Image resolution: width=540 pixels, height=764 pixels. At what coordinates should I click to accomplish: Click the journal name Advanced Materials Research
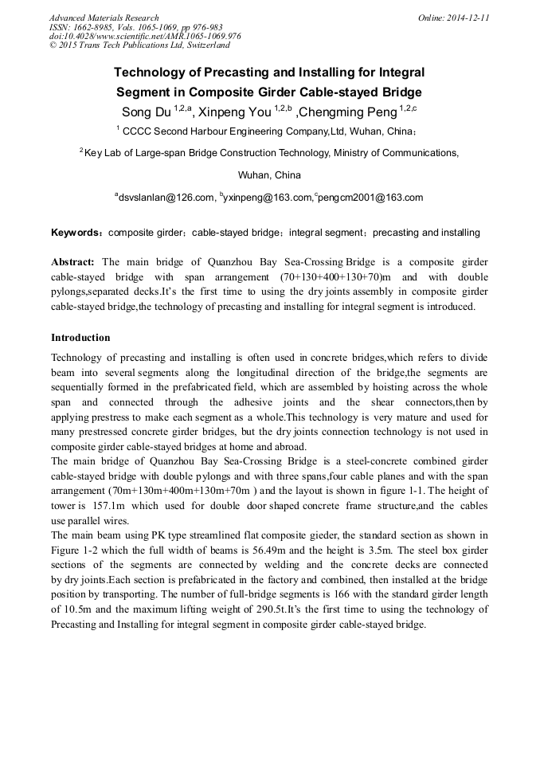tap(104, 18)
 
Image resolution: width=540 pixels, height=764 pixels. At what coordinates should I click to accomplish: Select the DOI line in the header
tap(144, 36)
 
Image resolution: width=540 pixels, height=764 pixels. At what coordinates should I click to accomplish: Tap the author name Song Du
tap(146, 111)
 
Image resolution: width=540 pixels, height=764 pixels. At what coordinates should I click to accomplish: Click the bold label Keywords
tap(76, 233)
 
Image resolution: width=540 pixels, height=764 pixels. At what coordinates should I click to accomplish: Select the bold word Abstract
tap(72, 261)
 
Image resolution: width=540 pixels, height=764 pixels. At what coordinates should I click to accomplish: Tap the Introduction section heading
tap(80, 338)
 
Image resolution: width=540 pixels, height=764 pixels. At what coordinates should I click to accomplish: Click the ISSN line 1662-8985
tap(136, 26)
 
